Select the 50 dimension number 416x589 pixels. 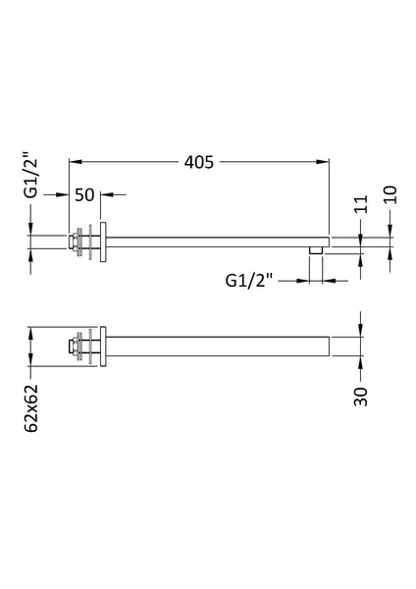pos(84,194)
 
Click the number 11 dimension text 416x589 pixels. pos(360,204)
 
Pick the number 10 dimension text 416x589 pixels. pos(391,193)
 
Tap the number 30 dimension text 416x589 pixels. pos(360,396)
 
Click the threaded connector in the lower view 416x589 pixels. pos(75,347)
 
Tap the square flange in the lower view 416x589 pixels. pos(102,347)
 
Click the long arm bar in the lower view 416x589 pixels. pos(216,347)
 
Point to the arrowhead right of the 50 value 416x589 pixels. pos(106,194)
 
